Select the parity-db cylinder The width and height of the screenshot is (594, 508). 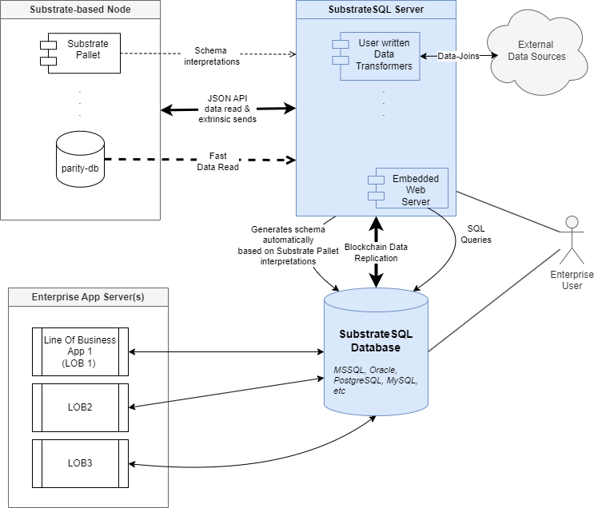click(81, 160)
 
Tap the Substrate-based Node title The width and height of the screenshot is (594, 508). click(80, 9)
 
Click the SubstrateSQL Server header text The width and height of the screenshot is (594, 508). click(376, 9)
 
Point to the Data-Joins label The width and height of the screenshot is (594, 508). click(458, 56)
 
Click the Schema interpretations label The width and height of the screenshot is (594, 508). click(211, 56)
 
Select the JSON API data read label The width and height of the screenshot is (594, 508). click(227, 108)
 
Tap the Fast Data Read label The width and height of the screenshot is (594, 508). click(217, 161)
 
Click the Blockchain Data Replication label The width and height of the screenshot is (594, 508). click(376, 252)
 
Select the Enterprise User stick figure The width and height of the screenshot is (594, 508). click(571, 240)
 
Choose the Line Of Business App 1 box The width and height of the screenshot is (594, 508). click(79, 351)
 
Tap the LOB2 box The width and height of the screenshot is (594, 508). click(79, 407)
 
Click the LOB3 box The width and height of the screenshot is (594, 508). click(79, 463)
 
